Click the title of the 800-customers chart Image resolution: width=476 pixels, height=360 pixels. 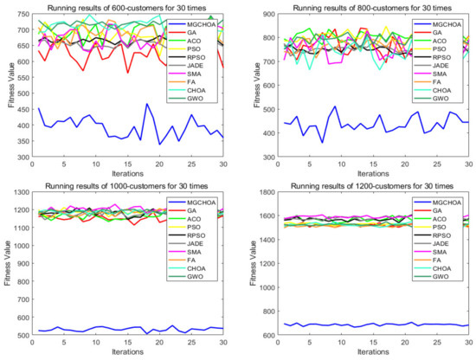(356, 9)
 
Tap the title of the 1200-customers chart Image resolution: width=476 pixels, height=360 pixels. (356, 186)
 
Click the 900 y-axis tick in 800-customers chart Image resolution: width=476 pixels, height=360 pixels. (254, 17)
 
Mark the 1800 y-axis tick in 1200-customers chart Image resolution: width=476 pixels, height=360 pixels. (252, 195)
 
